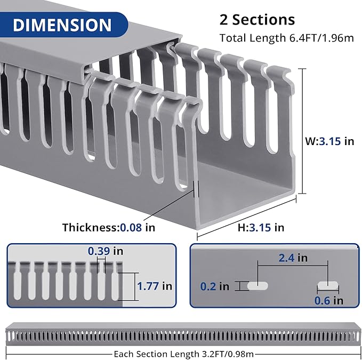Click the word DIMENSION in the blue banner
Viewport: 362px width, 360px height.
(62, 25)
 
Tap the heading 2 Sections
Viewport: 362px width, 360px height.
(257, 20)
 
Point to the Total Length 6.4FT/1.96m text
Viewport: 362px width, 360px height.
(286, 38)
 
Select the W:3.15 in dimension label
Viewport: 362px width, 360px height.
(329, 141)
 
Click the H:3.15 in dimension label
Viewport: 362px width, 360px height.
(261, 227)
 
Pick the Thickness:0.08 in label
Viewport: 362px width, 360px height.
(109, 227)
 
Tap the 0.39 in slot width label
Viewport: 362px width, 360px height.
(106, 251)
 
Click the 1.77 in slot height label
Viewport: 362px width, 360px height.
(155, 286)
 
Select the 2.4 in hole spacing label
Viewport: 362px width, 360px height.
(293, 258)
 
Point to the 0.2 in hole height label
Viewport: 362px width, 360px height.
(215, 286)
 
